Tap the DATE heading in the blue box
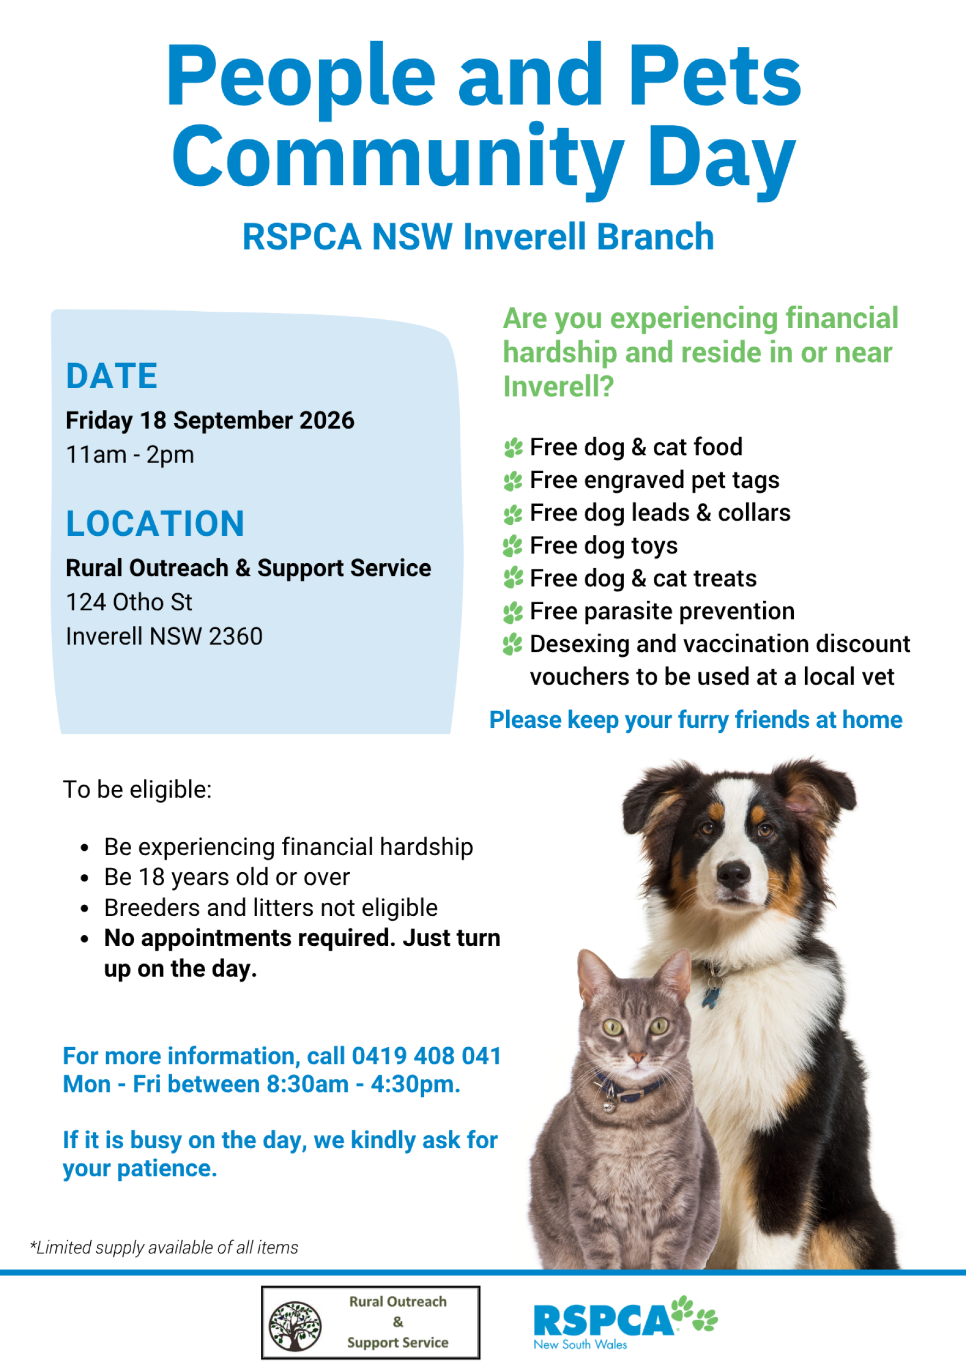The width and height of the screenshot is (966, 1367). [x=112, y=376]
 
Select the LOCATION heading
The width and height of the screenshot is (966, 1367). [x=155, y=524]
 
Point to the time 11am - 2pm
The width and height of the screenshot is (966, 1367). [x=130, y=455]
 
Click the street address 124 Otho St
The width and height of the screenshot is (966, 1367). [x=129, y=603]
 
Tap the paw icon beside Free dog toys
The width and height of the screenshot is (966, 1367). [x=512, y=546]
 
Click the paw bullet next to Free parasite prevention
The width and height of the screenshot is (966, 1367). [x=512, y=612]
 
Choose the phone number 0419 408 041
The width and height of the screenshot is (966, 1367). [x=426, y=1056]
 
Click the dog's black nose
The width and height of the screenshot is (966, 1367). [x=733, y=873]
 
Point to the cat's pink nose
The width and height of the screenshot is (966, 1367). [x=637, y=1057]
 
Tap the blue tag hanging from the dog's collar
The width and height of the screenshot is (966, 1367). [x=710, y=997]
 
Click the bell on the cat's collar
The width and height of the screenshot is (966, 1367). [x=608, y=1108]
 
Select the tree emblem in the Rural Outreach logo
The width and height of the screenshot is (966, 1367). [x=295, y=1326]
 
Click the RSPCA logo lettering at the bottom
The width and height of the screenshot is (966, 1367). [x=604, y=1321]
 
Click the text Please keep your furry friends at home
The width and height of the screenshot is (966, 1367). [x=696, y=720]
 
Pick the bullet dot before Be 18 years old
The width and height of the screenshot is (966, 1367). [x=85, y=878]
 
